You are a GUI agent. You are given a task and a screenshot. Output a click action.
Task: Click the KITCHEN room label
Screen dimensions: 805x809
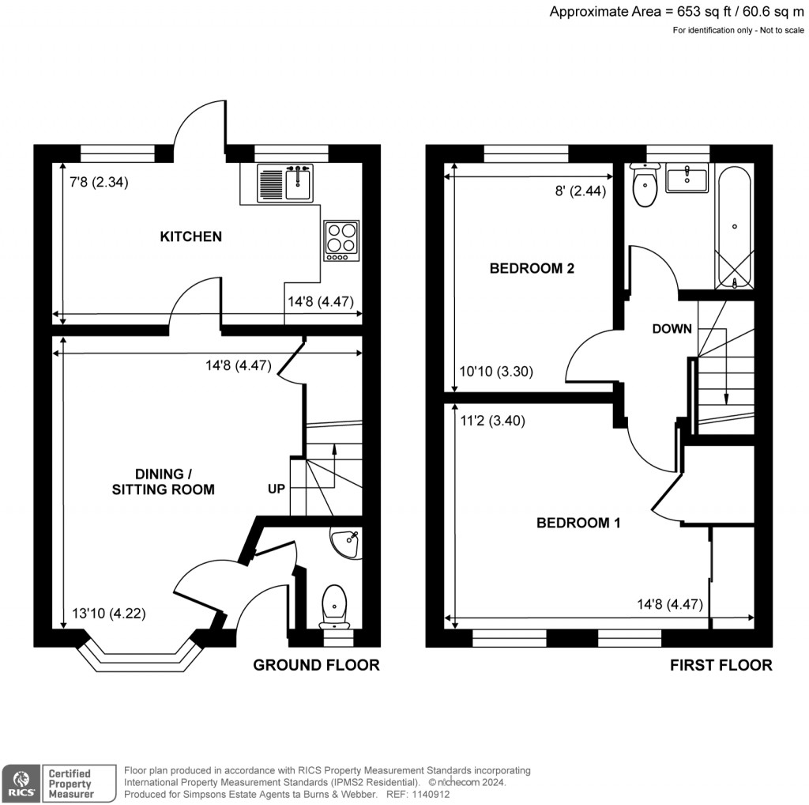click(x=190, y=236)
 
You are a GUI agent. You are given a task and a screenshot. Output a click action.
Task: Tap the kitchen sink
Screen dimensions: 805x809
click(x=285, y=183)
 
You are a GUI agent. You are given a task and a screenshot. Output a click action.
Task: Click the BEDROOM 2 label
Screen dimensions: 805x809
click(x=532, y=268)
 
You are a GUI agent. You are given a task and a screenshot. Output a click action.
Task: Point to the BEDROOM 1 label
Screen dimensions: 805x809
click(x=578, y=523)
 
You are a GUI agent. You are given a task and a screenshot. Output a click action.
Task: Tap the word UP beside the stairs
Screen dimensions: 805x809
click(x=276, y=489)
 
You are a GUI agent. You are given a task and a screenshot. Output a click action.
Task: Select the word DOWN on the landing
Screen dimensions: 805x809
click(x=672, y=329)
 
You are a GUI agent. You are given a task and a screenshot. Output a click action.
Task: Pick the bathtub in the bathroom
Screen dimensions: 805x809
click(x=735, y=229)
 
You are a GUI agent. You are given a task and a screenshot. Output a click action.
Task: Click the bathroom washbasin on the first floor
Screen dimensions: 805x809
click(x=687, y=179)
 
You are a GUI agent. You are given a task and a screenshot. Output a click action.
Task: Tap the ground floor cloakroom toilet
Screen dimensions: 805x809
click(x=334, y=605)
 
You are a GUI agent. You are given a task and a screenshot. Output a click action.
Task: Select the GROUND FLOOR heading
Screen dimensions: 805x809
click(x=316, y=665)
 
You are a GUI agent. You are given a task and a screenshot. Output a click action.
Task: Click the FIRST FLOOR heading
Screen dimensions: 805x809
click(x=721, y=665)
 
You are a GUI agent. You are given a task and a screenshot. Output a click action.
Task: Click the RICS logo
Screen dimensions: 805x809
click(x=21, y=781)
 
